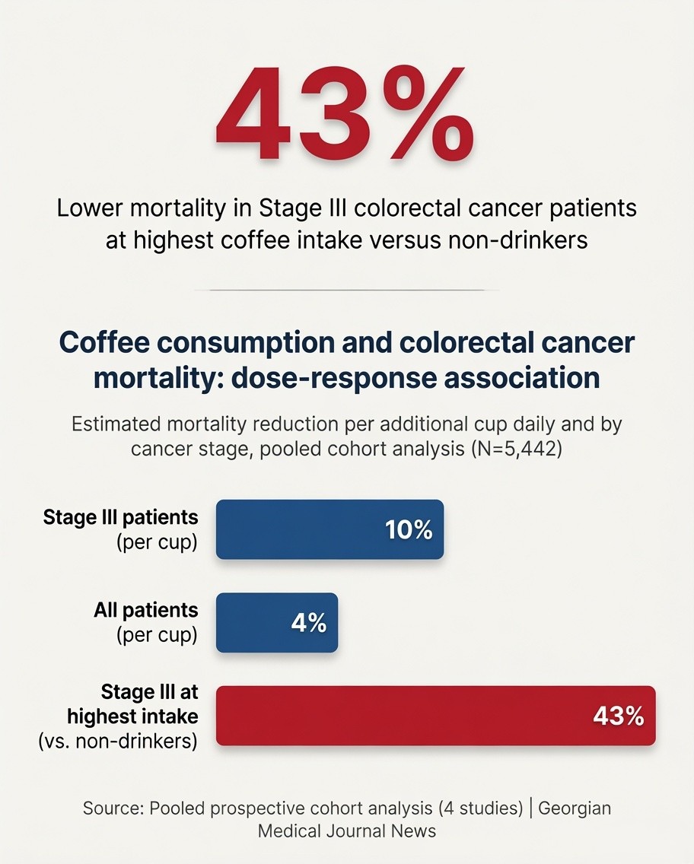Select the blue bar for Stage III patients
pyautogui.click(x=329, y=529)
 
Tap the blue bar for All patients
pyautogui.click(x=277, y=623)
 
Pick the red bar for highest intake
pyautogui.click(x=435, y=716)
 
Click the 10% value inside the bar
pyautogui.click(x=409, y=530)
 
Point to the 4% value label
pyautogui.click(x=309, y=623)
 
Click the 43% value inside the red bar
pyautogui.click(x=619, y=716)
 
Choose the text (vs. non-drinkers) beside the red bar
pyautogui.click(x=118, y=741)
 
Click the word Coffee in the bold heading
pyautogui.click(x=104, y=343)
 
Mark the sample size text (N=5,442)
pyautogui.click(x=517, y=449)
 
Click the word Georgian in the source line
pyautogui.click(x=575, y=808)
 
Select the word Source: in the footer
pyautogui.click(x=113, y=808)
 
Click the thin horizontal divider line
pyautogui.click(x=347, y=289)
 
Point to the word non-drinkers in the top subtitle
pyautogui.click(x=518, y=240)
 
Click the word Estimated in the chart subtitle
pyautogui.click(x=116, y=424)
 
